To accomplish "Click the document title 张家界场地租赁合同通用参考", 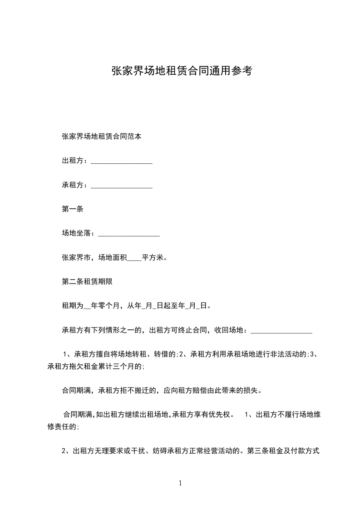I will point(181,71).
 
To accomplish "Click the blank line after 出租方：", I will point(122,162).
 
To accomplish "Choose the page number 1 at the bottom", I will point(180,484).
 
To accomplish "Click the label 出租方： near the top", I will point(75,161).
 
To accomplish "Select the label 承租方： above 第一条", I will point(75,185).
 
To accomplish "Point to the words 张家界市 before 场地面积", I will point(76,258).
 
